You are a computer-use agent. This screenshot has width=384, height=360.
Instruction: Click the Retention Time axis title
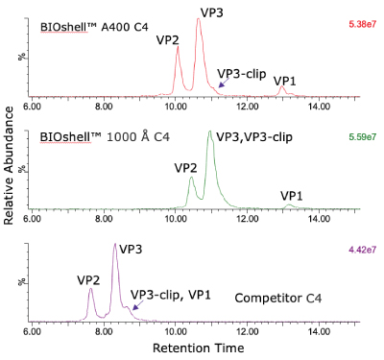199,346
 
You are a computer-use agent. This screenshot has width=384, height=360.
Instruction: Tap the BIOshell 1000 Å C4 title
99,138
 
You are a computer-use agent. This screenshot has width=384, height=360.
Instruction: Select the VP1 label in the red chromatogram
285,81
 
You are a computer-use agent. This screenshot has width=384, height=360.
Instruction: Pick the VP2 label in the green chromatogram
187,167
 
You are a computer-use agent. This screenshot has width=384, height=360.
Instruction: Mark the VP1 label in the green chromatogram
292,195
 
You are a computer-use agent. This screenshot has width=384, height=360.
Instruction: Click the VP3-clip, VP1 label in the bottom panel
170,294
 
